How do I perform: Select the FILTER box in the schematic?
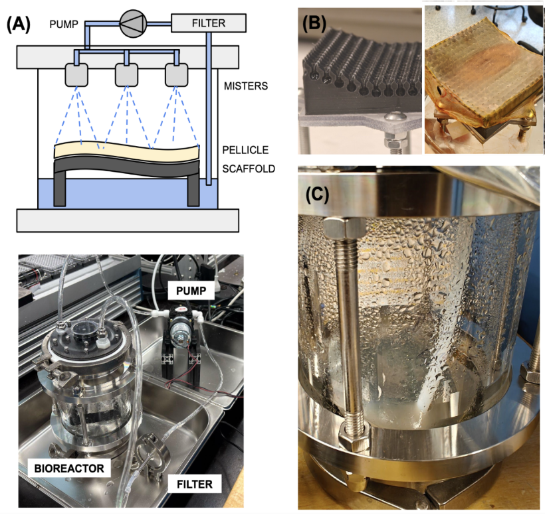(x=209, y=23)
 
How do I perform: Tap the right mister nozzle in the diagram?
(x=177, y=75)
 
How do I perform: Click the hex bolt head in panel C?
(x=342, y=230)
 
